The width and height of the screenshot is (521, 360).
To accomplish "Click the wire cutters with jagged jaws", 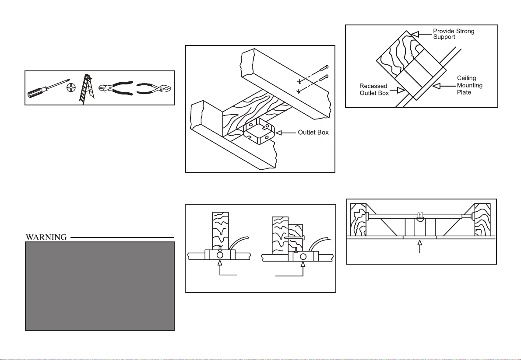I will [115, 89].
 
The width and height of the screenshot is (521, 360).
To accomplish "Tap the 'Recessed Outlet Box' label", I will [374, 90].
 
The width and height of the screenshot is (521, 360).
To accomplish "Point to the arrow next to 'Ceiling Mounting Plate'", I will [439, 86].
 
